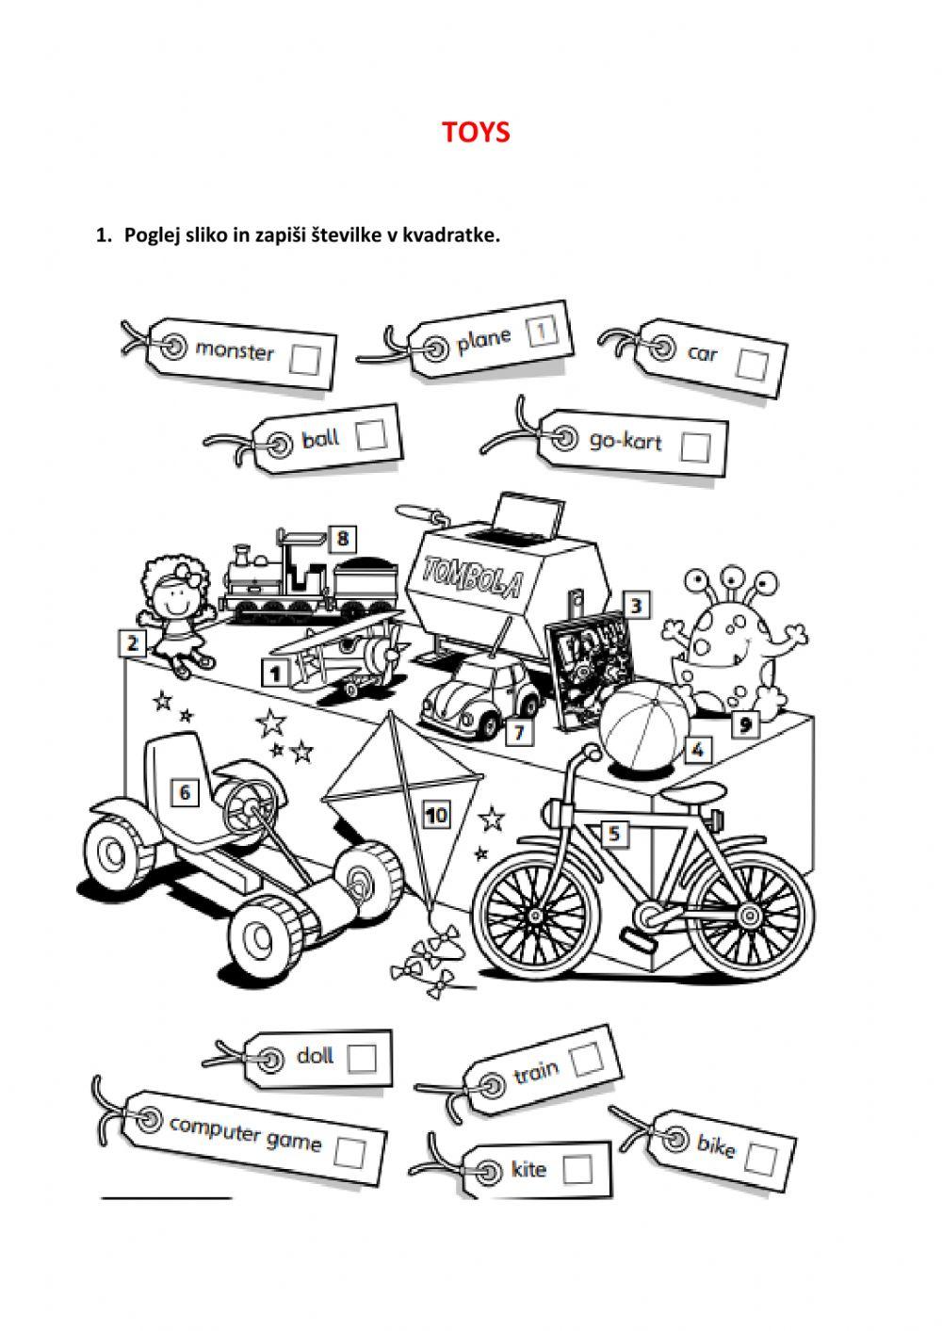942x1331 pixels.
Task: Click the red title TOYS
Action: [x=476, y=132]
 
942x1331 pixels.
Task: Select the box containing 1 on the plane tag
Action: [x=542, y=331]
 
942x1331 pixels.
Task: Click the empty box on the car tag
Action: [x=752, y=364]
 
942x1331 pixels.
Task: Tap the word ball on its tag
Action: [x=320, y=439]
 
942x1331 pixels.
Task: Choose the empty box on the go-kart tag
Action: [x=695, y=446]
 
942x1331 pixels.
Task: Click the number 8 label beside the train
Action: [x=343, y=539]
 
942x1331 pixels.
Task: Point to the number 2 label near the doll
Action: [x=133, y=644]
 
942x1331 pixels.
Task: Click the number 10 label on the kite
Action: [x=436, y=814]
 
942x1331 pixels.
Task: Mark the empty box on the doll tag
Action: [x=362, y=1058]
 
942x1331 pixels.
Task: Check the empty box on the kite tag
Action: [x=577, y=1169]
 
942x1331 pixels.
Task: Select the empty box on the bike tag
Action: [x=761, y=1158]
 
